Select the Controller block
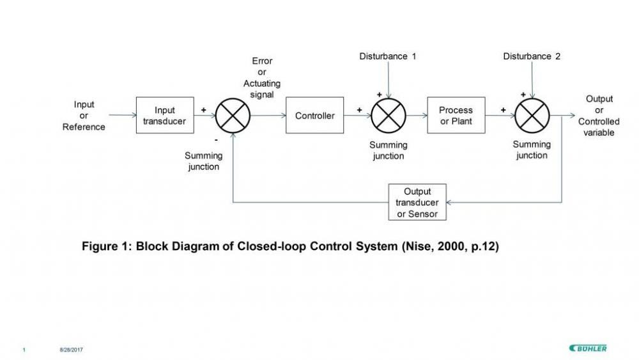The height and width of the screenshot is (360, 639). [314, 116]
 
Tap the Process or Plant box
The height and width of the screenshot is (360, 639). [456, 116]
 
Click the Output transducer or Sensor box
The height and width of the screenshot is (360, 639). [417, 203]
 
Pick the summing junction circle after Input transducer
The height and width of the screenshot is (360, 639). [233, 116]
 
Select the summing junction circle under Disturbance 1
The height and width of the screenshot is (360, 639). [389, 116]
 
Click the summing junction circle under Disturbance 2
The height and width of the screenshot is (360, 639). [532, 116]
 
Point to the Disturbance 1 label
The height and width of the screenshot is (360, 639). [388, 56]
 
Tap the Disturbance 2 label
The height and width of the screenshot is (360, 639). [532, 56]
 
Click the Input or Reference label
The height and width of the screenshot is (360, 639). [84, 116]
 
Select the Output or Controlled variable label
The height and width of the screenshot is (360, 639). [599, 116]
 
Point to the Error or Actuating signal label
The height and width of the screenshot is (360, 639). [262, 77]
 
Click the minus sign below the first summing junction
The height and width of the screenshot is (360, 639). [216, 139]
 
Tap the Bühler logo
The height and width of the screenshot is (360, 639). [588, 348]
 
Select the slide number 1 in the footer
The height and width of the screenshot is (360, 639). [24, 349]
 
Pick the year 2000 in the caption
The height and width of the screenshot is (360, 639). [450, 246]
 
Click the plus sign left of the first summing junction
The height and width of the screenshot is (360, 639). [203, 110]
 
